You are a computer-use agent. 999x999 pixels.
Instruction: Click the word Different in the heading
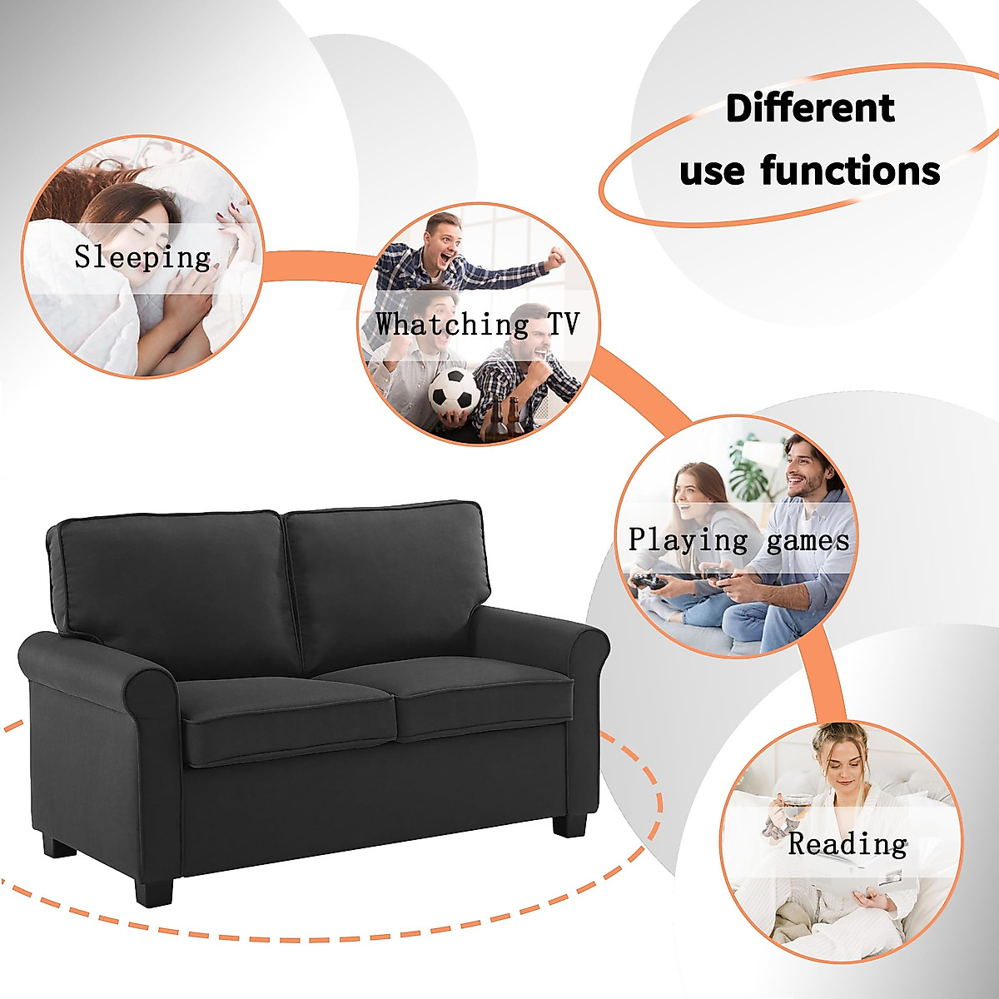coord(810,109)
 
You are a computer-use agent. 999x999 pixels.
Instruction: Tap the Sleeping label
coord(142,256)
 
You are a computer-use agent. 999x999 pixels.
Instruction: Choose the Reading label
coord(847,843)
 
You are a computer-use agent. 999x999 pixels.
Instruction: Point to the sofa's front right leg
coord(569,824)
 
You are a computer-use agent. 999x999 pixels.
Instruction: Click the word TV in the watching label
coord(563,324)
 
